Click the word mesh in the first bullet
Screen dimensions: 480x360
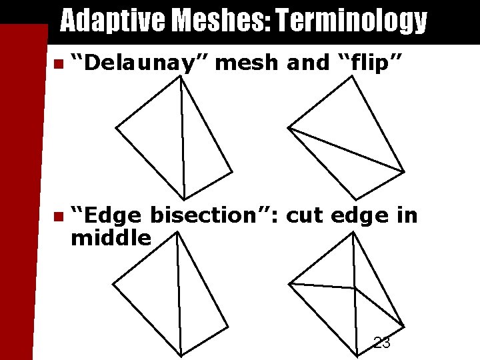click(248, 63)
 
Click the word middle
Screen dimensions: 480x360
click(111, 237)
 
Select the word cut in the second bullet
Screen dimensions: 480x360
click(313, 216)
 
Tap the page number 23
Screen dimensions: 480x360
click(382, 343)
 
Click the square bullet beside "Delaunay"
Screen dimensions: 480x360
click(58, 64)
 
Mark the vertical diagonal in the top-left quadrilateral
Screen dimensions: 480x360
click(182, 133)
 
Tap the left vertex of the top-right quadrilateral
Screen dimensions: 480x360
click(288, 127)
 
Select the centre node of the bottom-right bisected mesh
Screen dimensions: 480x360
click(354, 288)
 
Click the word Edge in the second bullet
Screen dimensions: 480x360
click(110, 216)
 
